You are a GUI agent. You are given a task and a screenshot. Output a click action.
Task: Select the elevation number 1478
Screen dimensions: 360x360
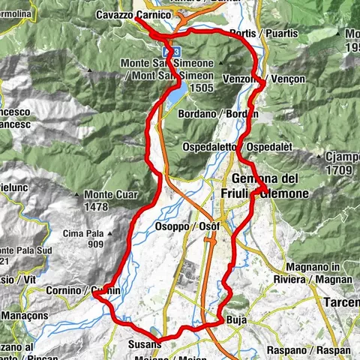[97, 206]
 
